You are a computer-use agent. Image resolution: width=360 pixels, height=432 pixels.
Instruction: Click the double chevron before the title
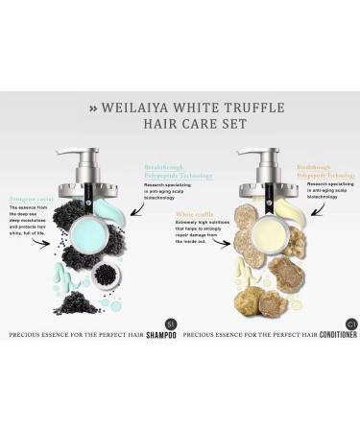93,108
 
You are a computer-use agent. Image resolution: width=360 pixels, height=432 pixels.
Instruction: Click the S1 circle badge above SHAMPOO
171,322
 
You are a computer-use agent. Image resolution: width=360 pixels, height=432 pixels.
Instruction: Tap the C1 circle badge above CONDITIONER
350,322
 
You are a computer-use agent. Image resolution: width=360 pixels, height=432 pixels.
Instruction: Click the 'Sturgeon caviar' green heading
29,200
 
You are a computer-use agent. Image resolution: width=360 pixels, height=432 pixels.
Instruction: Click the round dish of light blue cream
88,231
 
